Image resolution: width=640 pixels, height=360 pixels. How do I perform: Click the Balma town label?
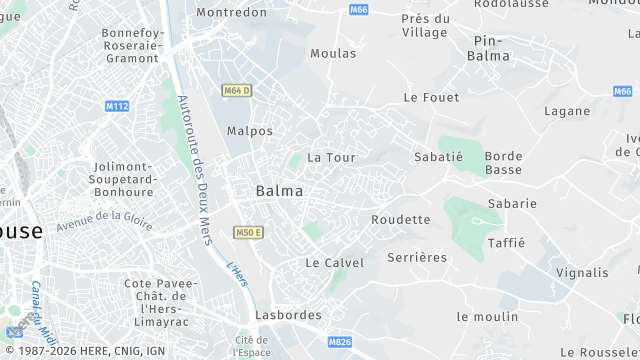pyautogui.click(x=279, y=191)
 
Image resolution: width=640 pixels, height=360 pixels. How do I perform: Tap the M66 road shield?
pyautogui.click(x=359, y=9)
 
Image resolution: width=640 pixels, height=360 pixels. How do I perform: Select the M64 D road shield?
pyautogui.click(x=236, y=91)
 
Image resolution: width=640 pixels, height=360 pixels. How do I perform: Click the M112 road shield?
pyautogui.click(x=117, y=106)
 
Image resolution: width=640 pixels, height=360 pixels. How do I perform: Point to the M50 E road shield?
pyautogui.click(x=248, y=233)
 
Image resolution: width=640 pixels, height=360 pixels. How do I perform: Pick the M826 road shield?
pyautogui.click(x=339, y=343)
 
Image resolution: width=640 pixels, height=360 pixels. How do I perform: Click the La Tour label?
pyautogui.click(x=331, y=158)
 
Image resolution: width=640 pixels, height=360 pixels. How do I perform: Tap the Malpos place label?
pyautogui.click(x=250, y=131)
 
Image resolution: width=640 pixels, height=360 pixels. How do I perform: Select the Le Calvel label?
pyautogui.click(x=334, y=263)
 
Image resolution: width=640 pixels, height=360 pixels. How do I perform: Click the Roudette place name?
pyautogui.click(x=400, y=220)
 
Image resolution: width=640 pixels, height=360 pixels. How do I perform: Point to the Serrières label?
pyautogui.click(x=417, y=258)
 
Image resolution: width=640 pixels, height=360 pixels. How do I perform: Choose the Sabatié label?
pyautogui.click(x=438, y=157)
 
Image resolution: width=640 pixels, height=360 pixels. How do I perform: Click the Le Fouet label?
pyautogui.click(x=431, y=98)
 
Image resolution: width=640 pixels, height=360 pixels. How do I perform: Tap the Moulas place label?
pyautogui.click(x=333, y=53)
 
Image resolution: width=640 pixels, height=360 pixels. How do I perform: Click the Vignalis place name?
pyautogui.click(x=582, y=272)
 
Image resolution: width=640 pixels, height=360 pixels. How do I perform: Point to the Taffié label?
pyautogui.click(x=506, y=243)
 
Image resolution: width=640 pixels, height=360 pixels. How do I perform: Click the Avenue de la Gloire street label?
pyautogui.click(x=104, y=220)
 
